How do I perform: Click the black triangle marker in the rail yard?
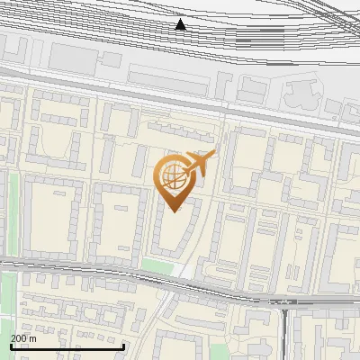(x=181, y=25)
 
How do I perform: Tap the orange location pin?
(x=175, y=181)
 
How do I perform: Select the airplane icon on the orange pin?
(x=200, y=162)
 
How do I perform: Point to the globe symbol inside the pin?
(x=173, y=174)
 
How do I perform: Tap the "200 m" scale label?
(x=23, y=338)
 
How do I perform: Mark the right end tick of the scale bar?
(x=123, y=345)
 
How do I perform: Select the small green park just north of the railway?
(x=157, y=265)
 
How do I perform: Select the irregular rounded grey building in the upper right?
(x=301, y=94)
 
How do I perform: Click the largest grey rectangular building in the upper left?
(x=71, y=57)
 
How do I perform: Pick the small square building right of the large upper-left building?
(x=111, y=59)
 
